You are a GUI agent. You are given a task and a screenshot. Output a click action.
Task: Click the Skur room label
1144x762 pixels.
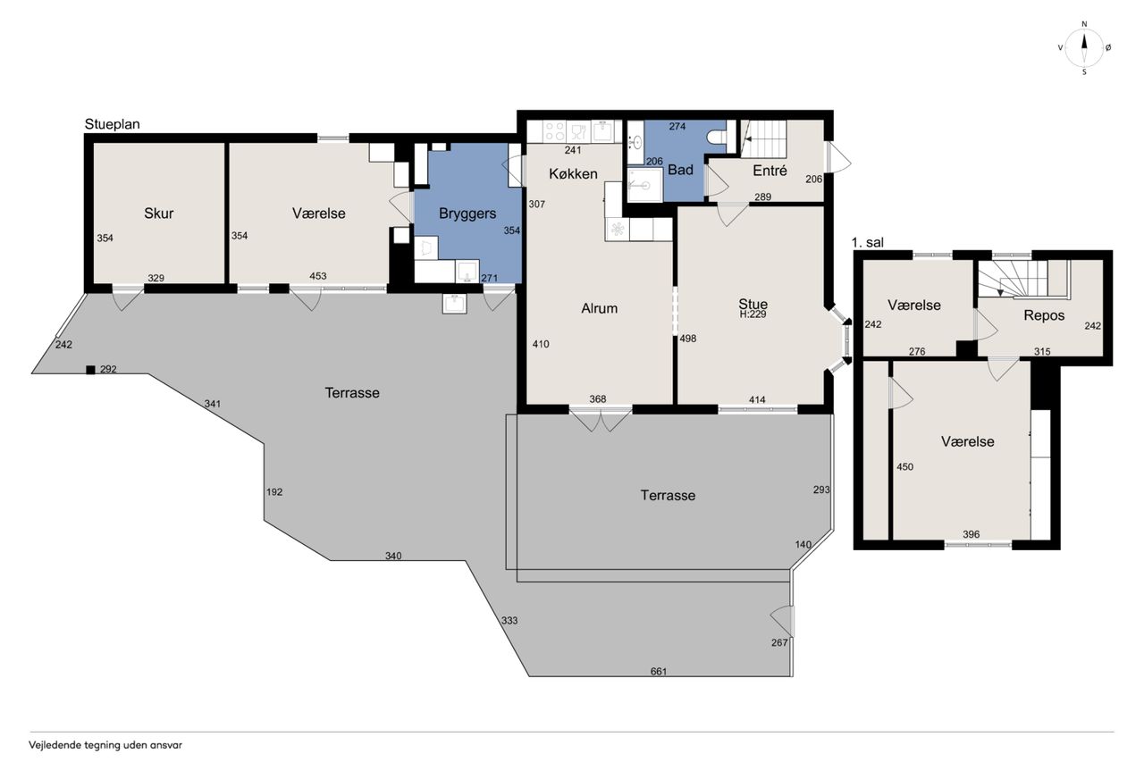pyautogui.click(x=159, y=214)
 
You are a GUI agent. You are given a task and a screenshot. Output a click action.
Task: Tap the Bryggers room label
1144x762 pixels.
pyautogui.click(x=467, y=214)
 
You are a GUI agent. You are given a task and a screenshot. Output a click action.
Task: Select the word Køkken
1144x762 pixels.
pyautogui.click(x=573, y=173)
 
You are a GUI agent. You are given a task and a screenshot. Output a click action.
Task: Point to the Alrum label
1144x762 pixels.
pyautogui.click(x=599, y=308)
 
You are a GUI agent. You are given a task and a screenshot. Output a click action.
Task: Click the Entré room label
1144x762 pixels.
pyautogui.click(x=770, y=171)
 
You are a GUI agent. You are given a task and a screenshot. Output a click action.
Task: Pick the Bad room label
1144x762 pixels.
pyautogui.click(x=680, y=170)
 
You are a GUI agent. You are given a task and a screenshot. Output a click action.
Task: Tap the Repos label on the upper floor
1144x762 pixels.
pyautogui.click(x=1044, y=315)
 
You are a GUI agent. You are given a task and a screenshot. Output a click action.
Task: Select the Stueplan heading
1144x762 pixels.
pyautogui.click(x=112, y=124)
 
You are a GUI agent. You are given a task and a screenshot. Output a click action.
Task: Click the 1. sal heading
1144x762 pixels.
pyautogui.click(x=868, y=242)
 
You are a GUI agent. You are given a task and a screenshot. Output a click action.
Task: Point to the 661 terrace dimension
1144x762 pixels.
pyautogui.click(x=659, y=672)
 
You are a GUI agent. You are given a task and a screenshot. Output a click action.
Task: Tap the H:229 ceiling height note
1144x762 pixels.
pyautogui.click(x=753, y=314)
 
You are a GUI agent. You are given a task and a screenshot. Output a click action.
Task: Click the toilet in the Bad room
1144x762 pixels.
pyautogui.click(x=717, y=137)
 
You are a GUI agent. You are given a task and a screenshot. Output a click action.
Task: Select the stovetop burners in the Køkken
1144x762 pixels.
pyautogui.click(x=553, y=131)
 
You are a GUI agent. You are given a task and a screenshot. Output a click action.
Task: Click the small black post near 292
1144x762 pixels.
pyautogui.click(x=90, y=370)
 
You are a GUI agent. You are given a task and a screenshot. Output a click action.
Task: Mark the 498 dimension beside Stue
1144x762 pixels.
pyautogui.click(x=688, y=339)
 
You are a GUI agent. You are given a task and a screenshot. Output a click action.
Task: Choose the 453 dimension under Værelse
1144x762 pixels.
pyautogui.click(x=317, y=276)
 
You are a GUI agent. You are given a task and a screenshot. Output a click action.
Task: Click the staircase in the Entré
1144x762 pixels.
pyautogui.click(x=763, y=138)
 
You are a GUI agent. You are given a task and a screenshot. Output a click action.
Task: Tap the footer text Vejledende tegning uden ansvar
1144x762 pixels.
pyautogui.click(x=105, y=745)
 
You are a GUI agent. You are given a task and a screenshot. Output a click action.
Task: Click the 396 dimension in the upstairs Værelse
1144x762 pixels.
pyautogui.click(x=971, y=534)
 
